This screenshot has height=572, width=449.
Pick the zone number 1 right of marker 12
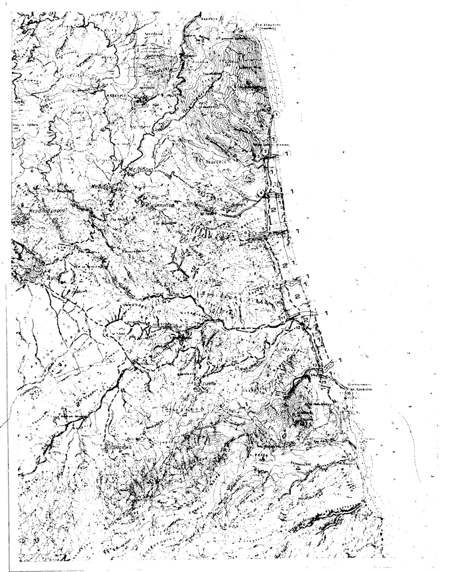(x=325, y=312)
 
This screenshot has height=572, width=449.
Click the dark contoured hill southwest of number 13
(x=298, y=404)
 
